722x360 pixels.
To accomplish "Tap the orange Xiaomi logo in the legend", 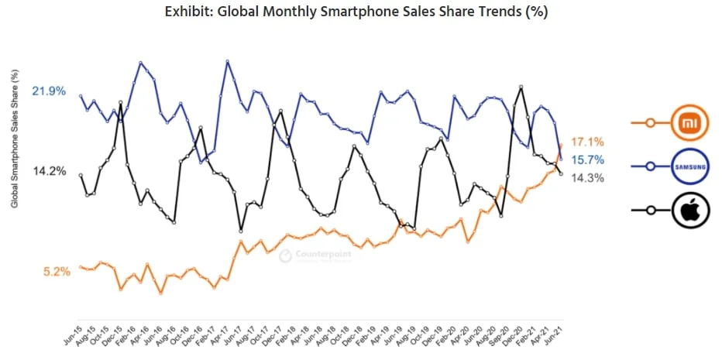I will (x=686, y=122).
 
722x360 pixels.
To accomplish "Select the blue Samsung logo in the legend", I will (x=686, y=166).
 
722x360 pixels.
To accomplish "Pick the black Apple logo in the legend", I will (x=686, y=210).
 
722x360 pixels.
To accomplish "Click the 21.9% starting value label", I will (x=48, y=91).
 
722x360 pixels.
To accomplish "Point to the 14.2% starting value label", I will (x=48, y=170).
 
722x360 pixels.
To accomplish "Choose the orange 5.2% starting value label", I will (x=56, y=271).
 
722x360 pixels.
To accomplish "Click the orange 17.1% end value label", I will (x=586, y=142).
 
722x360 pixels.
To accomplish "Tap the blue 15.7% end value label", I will (x=586, y=160).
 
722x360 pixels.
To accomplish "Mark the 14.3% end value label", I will (x=586, y=177).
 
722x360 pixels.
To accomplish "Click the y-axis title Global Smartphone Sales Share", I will (x=15, y=139).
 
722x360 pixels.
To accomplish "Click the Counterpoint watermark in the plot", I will (x=315, y=255).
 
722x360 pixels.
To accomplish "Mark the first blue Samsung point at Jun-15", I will (x=81, y=96).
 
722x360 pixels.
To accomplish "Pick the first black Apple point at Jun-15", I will (x=81, y=175).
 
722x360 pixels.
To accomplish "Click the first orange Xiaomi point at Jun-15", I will (x=81, y=267).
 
